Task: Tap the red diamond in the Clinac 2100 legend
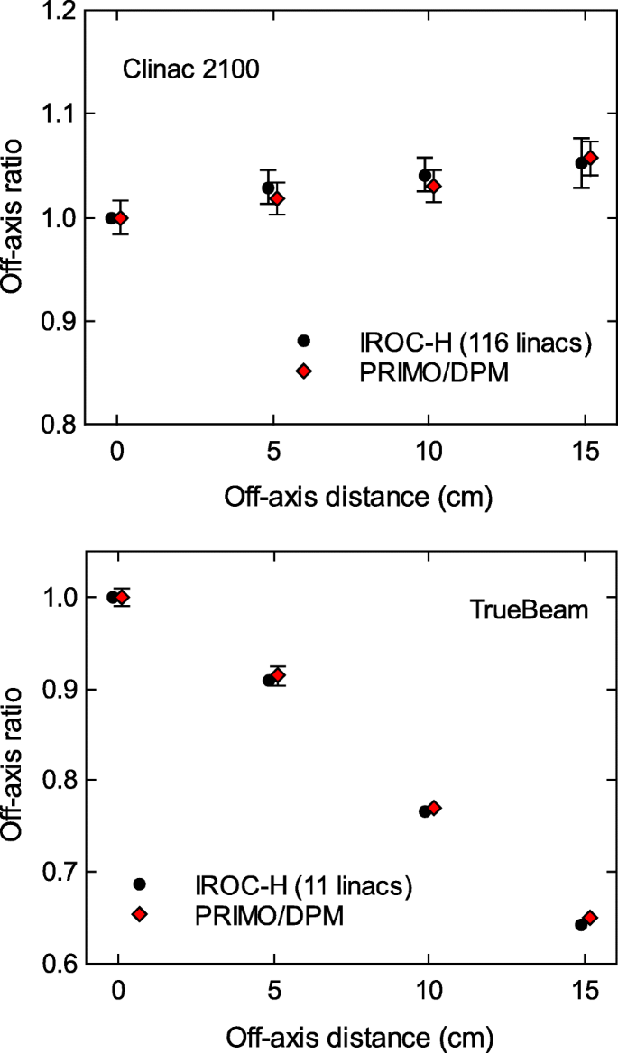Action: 304,371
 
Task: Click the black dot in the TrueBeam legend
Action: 138,884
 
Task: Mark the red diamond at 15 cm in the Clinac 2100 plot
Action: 591,159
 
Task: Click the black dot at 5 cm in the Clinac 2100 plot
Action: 268,188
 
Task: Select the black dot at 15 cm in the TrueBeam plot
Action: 581,925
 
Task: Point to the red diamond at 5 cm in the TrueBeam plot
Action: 278,675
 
